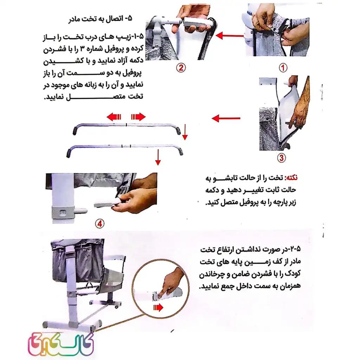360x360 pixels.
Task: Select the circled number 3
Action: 281,158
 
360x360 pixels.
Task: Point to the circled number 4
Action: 100,223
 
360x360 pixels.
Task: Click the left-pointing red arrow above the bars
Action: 114,117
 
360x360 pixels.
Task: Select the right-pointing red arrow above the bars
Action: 138,117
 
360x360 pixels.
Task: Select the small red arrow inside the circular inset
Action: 158,308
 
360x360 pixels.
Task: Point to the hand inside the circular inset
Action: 173,282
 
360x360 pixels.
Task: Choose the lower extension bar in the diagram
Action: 125,148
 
